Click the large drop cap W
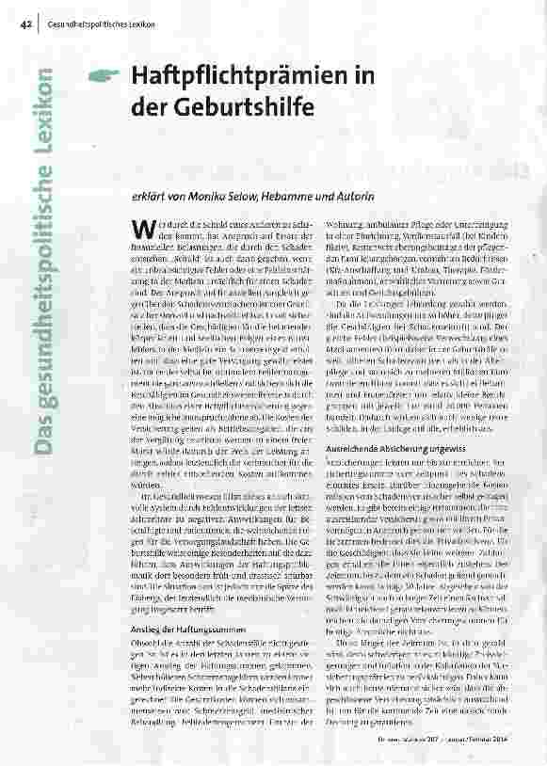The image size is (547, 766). pos(140,228)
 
